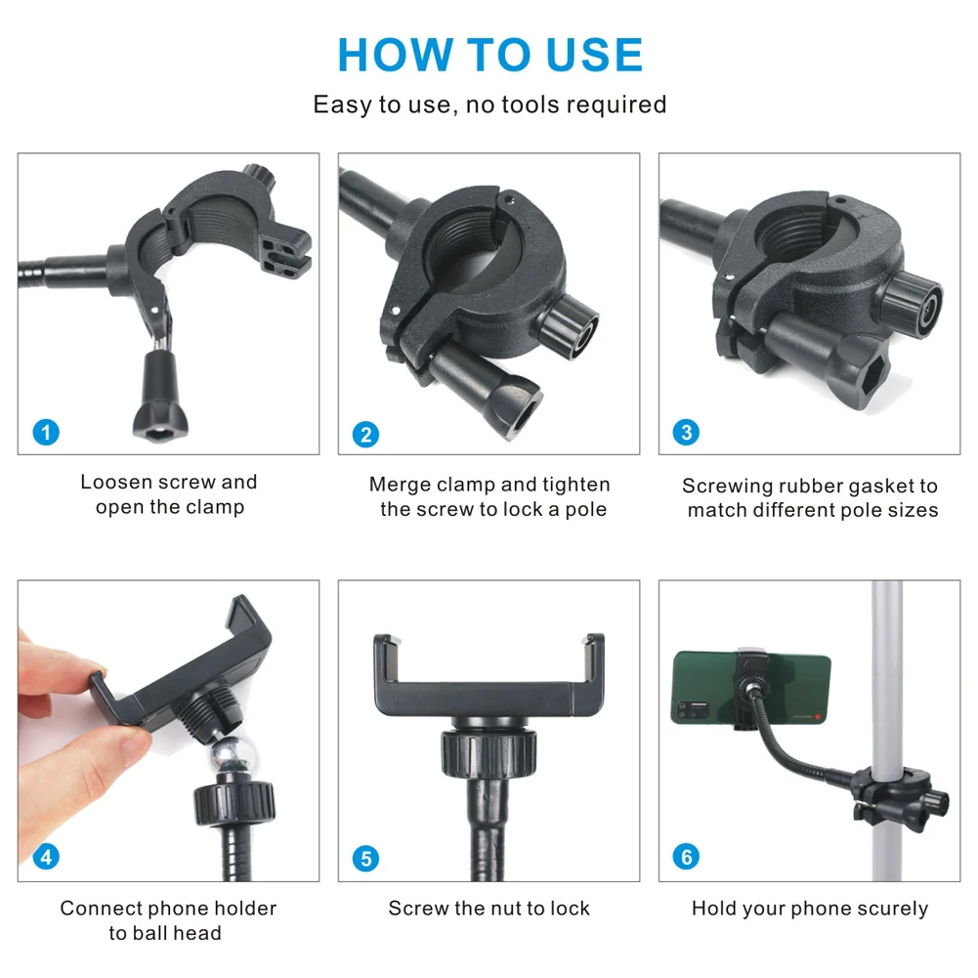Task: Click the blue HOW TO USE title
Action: tap(489, 55)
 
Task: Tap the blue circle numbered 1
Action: tap(46, 431)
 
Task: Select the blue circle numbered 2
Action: tap(365, 434)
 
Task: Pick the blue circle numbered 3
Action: tap(686, 432)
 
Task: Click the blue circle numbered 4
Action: tap(46, 857)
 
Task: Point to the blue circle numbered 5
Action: tap(365, 859)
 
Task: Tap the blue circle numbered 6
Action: tap(686, 857)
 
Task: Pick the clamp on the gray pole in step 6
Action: tap(892, 787)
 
